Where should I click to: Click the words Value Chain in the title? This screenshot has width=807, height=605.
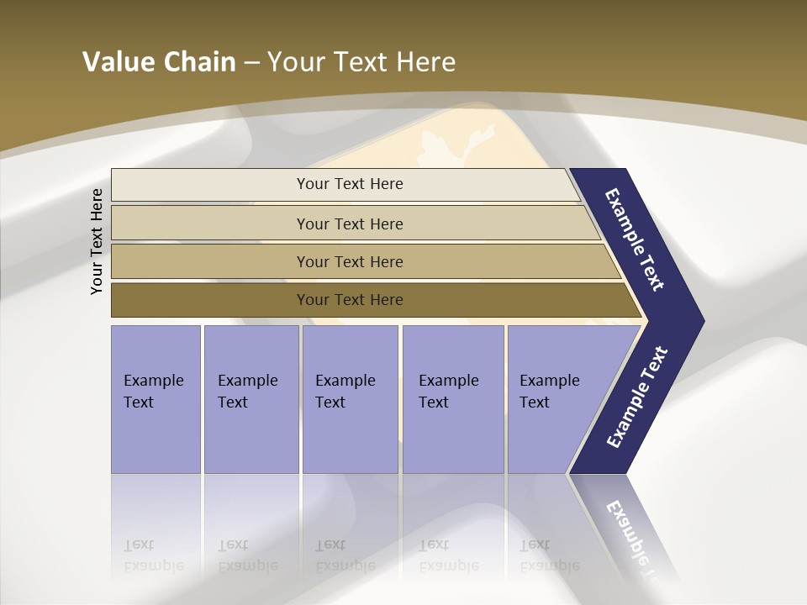point(159,62)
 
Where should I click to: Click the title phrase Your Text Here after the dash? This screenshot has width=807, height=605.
point(361,62)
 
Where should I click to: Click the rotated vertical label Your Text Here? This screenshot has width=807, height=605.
point(97,241)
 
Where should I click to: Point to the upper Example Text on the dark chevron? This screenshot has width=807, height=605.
point(635,239)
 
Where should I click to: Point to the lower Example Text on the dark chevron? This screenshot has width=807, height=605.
point(637,397)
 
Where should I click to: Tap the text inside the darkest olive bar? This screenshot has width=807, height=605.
point(350,300)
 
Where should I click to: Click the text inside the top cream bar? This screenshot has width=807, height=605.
point(350,184)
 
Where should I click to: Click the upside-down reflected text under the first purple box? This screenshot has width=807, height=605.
point(153,555)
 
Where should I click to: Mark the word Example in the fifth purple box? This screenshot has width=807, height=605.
point(550,381)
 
